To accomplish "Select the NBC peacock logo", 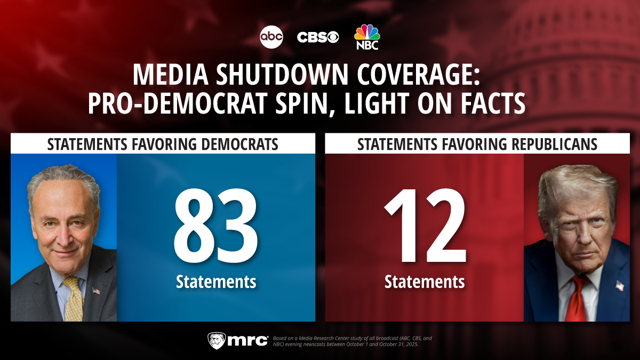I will [367, 36].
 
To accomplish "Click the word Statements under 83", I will [216, 281].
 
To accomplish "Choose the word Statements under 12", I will [425, 281].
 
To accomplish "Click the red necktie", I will [577, 299].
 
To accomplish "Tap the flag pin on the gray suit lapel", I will [96, 291].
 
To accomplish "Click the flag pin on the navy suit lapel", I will [619, 285].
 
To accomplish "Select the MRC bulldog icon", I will [215, 340].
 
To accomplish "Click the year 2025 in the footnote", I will [411, 344].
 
